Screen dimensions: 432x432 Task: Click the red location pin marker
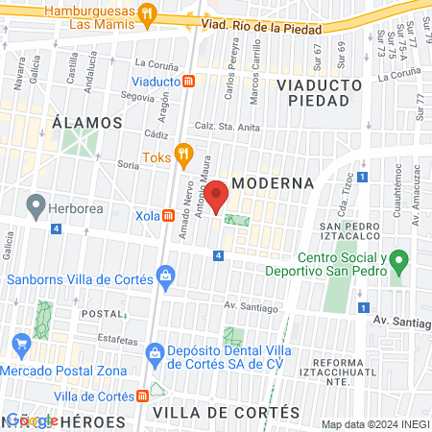coord(217,196)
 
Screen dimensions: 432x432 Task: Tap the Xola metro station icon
coord(169,216)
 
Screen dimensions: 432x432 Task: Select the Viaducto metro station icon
coord(190,83)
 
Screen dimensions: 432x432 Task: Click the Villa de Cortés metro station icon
coord(143,396)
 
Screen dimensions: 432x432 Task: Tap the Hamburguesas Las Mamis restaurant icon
coord(146,13)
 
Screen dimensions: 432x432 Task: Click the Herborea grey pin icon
coord(36,204)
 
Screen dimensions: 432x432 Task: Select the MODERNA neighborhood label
coord(274,182)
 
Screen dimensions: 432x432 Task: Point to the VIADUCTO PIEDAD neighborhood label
coord(319,92)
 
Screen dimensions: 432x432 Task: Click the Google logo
coord(31,420)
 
